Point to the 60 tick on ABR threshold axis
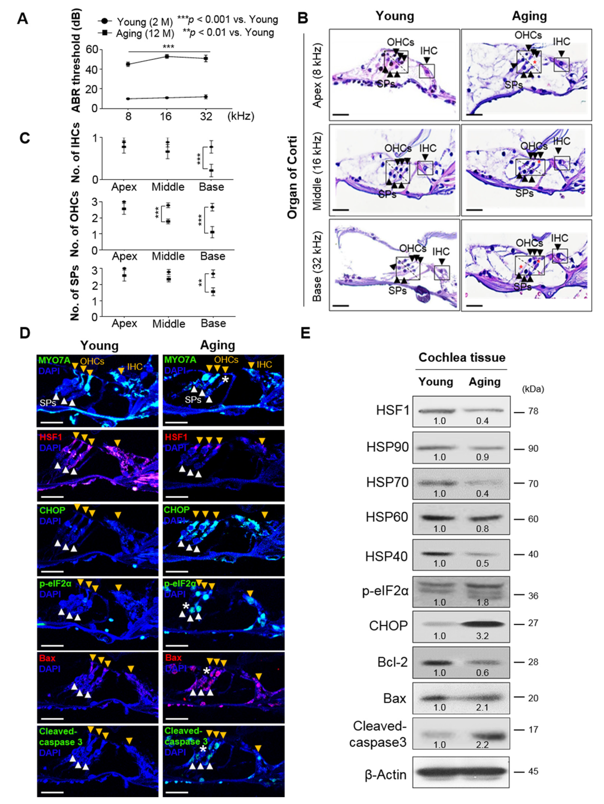tap(93, 49)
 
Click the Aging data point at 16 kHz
tap(167, 56)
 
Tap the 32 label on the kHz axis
tap(206, 117)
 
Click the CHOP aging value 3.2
tap(482, 636)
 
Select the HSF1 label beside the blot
tap(392, 411)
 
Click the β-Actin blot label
tap(385, 775)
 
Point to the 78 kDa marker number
tap(533, 412)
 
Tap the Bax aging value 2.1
tap(482, 708)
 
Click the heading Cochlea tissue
tap(462, 358)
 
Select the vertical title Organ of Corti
tap(292, 177)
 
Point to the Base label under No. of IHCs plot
tap(211, 187)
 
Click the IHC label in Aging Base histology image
tap(559, 238)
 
